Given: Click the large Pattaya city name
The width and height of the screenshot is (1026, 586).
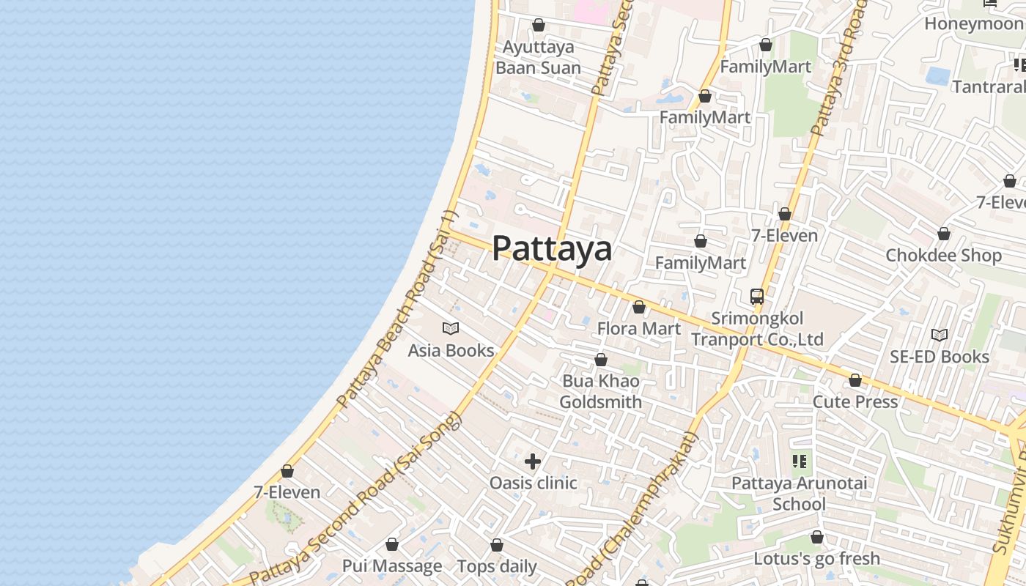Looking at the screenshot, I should point(551,248).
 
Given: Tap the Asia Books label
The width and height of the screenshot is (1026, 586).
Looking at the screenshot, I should point(451,350).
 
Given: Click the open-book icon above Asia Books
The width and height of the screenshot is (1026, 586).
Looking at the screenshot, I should point(451,329).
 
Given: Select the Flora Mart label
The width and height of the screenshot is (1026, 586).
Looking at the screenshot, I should point(639,328).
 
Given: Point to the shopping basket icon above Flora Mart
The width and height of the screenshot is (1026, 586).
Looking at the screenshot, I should point(639,307).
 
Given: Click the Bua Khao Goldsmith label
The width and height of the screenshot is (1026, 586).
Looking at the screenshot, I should point(601,391).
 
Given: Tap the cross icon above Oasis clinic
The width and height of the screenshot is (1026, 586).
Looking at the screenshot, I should point(533,461).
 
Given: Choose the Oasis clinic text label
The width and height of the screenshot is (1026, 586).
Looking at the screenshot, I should point(533,483).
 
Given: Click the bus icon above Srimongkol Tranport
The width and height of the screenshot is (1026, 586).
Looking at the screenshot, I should point(757,297).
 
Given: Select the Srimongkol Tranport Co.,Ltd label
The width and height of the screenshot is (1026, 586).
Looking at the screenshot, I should point(757,329).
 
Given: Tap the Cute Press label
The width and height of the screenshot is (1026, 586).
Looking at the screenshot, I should point(855,401).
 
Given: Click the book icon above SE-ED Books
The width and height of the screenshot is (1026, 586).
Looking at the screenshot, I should point(940,335).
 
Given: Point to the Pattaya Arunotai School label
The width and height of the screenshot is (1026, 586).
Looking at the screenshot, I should point(799,494).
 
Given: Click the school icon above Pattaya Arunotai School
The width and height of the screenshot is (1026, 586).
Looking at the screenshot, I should point(800,461).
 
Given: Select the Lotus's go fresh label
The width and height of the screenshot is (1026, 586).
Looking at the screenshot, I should point(816,559).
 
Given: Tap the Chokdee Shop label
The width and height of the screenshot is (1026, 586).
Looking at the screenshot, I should point(943,255).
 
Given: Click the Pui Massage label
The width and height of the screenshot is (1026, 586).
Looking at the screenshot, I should point(392,566).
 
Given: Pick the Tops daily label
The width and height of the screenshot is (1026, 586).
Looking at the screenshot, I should point(497,566).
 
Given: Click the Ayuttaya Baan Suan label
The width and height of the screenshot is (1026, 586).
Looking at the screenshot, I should point(538,57).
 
